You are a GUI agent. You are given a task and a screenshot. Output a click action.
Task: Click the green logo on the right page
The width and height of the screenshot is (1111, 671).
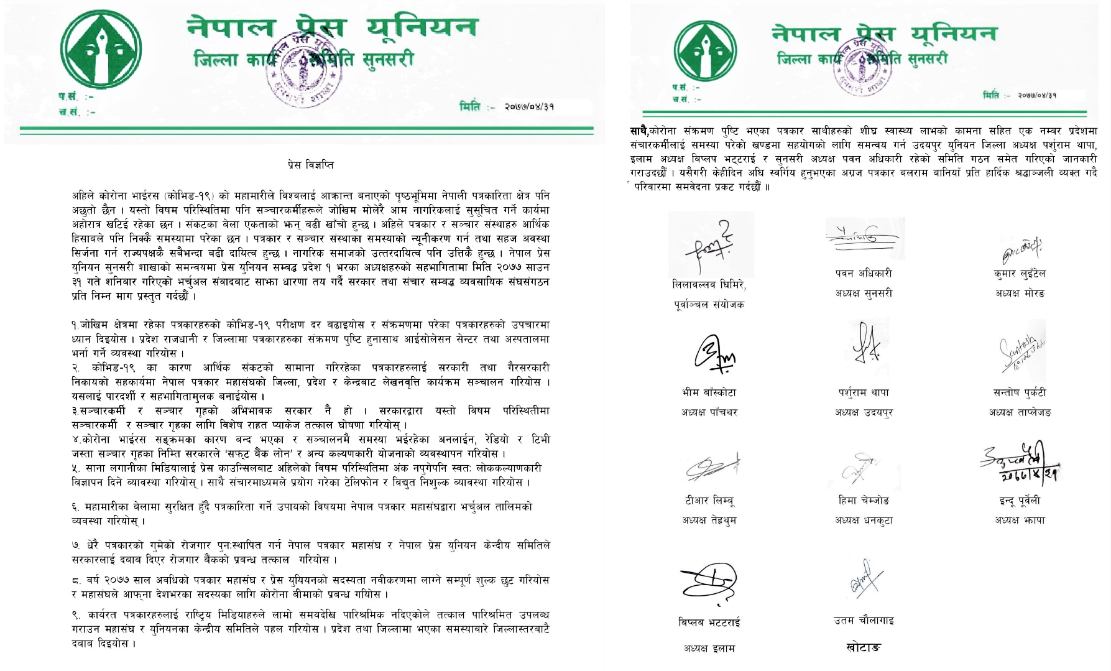click(x=705, y=51)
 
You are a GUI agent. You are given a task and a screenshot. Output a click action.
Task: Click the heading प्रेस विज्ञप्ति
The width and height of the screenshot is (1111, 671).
click(x=310, y=165)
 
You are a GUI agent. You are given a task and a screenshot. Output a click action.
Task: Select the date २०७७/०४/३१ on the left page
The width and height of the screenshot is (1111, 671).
click(x=529, y=107)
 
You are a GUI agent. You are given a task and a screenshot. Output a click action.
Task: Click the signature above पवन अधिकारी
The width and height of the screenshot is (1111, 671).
click(x=862, y=237)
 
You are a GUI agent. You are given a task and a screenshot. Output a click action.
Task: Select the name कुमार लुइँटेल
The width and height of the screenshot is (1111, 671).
click(x=1020, y=273)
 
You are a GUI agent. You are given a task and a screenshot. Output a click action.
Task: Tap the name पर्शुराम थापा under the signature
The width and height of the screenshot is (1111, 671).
click(x=864, y=392)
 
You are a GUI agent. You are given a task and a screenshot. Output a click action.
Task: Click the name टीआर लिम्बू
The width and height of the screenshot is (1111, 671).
click(x=709, y=501)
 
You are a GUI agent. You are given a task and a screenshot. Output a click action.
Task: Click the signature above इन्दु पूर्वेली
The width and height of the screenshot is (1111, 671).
click(x=1020, y=463)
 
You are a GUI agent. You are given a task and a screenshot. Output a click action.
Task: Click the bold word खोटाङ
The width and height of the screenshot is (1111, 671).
click(x=864, y=647)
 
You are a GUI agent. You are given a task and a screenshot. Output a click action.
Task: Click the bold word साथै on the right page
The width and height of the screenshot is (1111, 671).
click(x=639, y=131)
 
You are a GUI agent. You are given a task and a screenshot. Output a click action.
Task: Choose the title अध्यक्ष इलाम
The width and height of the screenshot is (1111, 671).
click(x=709, y=649)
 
